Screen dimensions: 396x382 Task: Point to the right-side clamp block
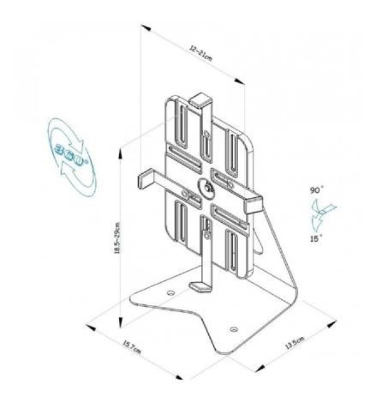pos(253,203)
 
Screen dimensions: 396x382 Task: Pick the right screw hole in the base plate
pos(234,329)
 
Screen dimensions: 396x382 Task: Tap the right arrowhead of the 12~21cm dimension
pos(242,81)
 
